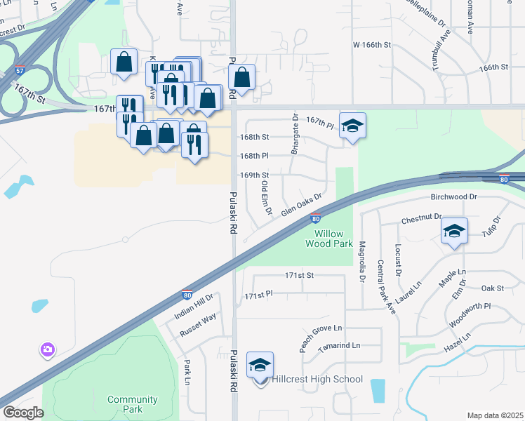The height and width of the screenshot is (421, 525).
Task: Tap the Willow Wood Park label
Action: click(328, 239)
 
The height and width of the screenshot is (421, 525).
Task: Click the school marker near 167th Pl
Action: click(352, 126)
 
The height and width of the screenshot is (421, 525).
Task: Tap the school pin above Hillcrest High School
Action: click(260, 366)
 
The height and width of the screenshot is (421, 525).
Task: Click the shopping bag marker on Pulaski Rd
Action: click(241, 79)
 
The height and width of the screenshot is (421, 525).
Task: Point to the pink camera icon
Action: click(48, 349)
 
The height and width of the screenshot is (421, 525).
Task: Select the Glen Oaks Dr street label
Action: click(301, 205)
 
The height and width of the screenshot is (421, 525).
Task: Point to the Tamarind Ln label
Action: click(338, 346)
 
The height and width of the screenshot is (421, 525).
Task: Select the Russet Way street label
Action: click(199, 326)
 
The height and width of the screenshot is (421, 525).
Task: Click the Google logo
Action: click(24, 413)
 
